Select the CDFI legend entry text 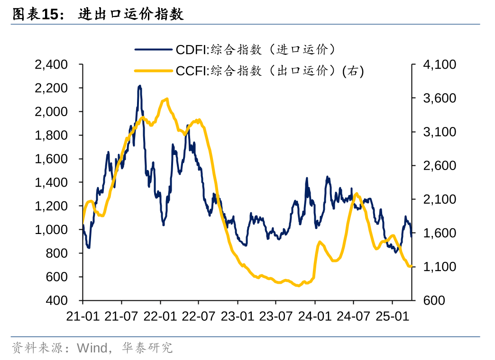point(256,49)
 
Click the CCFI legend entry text point(269,71)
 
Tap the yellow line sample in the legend point(153,71)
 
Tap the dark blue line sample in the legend point(153,49)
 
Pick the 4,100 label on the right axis point(439,64)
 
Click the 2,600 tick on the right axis point(439,166)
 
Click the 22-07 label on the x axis point(198,316)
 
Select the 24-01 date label point(315,316)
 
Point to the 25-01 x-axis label point(392,316)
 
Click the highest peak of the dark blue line point(139,86)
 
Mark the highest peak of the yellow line point(167,99)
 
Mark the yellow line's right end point point(411,267)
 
